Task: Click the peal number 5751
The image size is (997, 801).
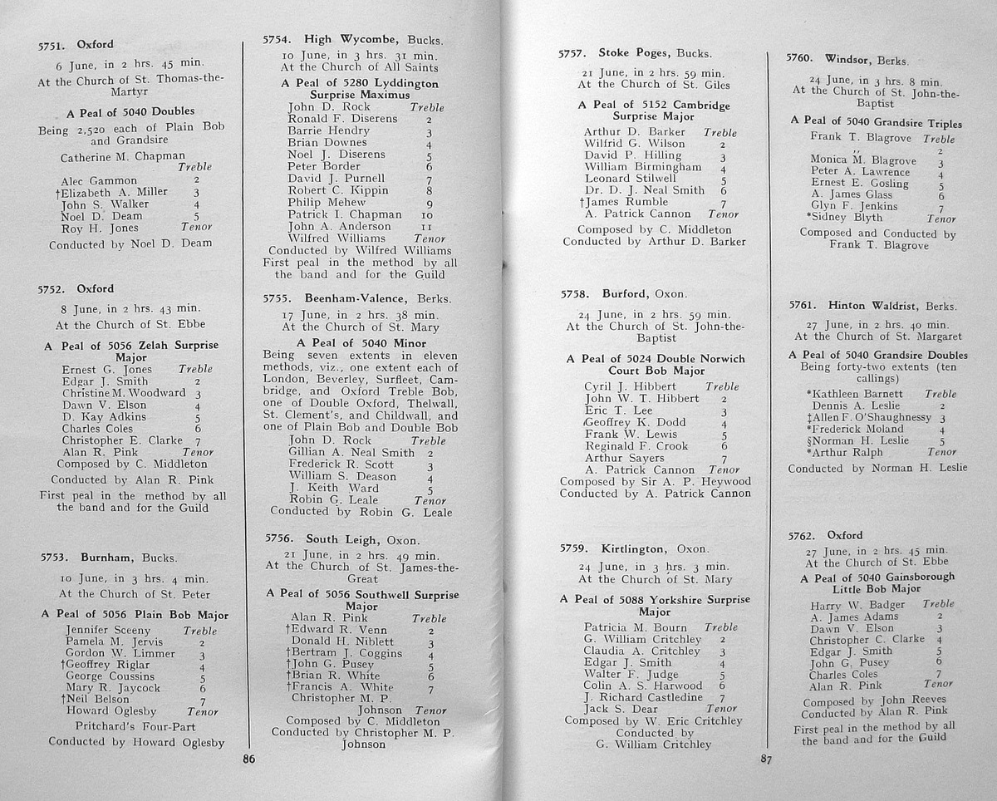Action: [53, 46]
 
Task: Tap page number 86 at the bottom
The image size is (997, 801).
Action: [247, 758]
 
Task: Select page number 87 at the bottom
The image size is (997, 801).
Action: [766, 759]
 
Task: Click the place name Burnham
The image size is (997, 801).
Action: [106, 557]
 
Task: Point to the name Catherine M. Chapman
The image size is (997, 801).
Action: [123, 156]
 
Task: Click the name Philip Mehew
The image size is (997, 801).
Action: [327, 202]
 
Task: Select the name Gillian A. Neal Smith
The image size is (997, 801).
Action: [351, 453]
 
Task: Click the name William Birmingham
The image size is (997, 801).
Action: [643, 166]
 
